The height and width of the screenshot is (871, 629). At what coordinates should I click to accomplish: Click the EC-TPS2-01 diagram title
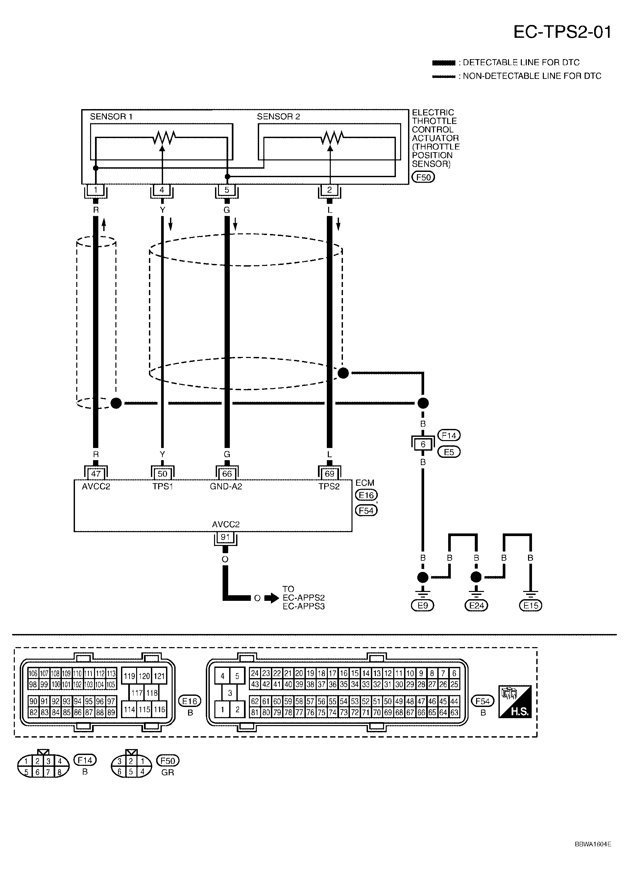pos(562,32)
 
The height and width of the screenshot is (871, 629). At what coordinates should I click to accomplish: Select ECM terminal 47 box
pos(96,474)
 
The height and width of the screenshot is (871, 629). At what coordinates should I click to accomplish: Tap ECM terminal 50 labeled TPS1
pos(162,474)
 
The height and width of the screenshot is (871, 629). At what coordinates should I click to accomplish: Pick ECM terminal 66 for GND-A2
pos(227,474)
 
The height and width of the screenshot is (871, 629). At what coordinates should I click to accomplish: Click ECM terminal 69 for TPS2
pos(329,474)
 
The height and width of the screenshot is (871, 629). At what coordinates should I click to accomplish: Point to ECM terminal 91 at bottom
pos(225,537)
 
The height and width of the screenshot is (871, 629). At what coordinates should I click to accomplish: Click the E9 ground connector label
pos(423,606)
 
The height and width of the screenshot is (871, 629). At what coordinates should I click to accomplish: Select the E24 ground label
pos(476,606)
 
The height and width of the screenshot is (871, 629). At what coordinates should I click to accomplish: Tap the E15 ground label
pos(530,606)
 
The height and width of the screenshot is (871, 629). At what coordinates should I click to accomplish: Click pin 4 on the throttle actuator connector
pos(162,190)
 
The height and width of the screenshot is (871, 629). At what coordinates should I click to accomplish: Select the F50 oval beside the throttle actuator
pos(423,177)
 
